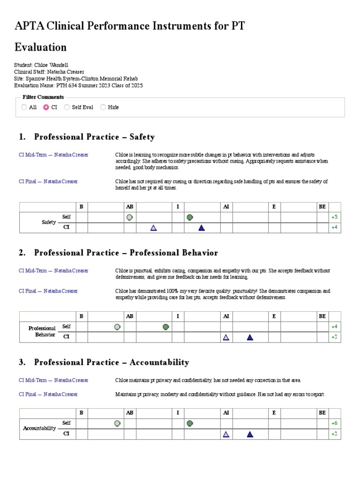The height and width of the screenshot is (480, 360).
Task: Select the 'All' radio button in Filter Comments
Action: [x=24, y=107]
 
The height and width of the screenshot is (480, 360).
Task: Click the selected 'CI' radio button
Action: [x=46, y=107]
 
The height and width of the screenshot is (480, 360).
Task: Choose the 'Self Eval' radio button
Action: [x=67, y=107]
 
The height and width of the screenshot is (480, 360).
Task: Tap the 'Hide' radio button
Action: [x=103, y=107]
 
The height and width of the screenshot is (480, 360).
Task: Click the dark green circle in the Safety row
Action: [x=190, y=217]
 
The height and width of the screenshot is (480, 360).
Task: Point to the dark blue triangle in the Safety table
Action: [x=202, y=228]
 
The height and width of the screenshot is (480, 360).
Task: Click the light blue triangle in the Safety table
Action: [x=153, y=228]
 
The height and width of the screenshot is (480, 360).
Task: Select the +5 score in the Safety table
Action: [x=334, y=217]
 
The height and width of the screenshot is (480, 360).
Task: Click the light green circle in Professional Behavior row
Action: [x=117, y=327]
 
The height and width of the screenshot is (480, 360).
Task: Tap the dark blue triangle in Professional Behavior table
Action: [x=250, y=337]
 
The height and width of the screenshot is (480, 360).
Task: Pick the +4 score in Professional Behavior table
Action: [x=334, y=327]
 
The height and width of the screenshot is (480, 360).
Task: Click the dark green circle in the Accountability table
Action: [x=190, y=423]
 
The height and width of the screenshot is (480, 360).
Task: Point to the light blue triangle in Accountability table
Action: [x=226, y=434]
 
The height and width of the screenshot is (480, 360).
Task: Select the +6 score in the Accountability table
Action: [x=334, y=423]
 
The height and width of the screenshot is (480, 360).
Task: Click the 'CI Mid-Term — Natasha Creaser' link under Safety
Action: [x=53, y=155]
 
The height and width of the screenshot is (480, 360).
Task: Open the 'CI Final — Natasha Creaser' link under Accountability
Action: [x=48, y=394]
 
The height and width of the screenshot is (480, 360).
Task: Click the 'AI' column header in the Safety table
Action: [x=226, y=207]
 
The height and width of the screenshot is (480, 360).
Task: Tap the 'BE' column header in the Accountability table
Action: [x=322, y=413]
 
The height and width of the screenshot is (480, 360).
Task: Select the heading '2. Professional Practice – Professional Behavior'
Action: [x=119, y=253]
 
